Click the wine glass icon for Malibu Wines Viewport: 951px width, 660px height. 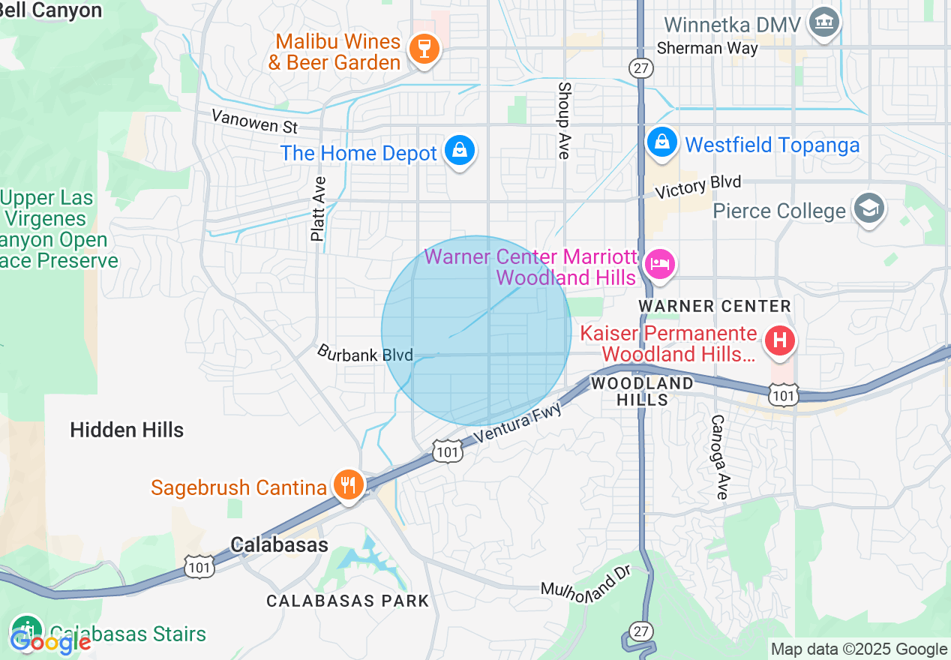pos(424,49)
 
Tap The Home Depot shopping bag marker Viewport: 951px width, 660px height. pos(460,150)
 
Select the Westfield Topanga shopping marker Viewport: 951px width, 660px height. pos(662,141)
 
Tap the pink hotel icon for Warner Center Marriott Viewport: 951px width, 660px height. pos(660,264)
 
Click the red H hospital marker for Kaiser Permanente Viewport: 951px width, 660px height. pos(780,341)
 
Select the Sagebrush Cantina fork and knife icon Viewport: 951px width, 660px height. pos(347,484)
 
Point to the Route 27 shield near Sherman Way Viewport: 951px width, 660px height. pos(643,67)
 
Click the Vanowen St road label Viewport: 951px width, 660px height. pos(254,120)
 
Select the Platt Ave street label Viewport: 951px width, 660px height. pos(319,208)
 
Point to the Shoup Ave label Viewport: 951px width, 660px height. pos(564,120)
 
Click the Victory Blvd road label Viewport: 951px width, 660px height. pos(697,186)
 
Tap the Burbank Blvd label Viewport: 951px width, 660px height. pos(365,352)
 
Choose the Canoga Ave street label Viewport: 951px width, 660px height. pos(719,457)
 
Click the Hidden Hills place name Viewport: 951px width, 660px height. pos(127,430)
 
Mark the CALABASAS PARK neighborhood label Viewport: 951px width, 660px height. pos(348,601)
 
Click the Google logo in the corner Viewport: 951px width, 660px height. pos(50,641)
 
